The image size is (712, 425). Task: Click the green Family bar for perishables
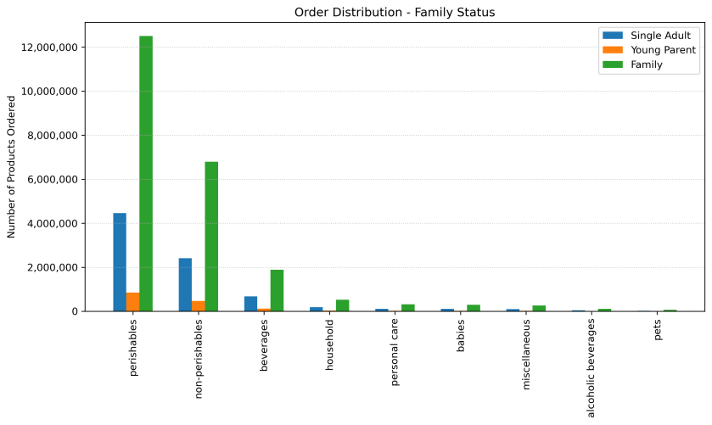point(146,174)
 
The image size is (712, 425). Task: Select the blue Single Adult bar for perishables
point(120,262)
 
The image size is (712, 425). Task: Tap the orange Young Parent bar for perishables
point(133,302)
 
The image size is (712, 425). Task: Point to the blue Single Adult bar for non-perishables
point(185,285)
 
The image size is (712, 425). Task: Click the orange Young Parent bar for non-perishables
point(199,306)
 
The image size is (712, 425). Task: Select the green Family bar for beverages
point(277,291)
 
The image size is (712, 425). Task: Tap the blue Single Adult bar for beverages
point(250,304)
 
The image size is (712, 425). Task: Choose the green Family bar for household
point(342,305)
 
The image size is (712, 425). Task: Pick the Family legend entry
point(647,64)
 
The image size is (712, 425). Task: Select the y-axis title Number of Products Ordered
point(12,167)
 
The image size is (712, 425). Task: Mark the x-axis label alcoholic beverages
point(591,370)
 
